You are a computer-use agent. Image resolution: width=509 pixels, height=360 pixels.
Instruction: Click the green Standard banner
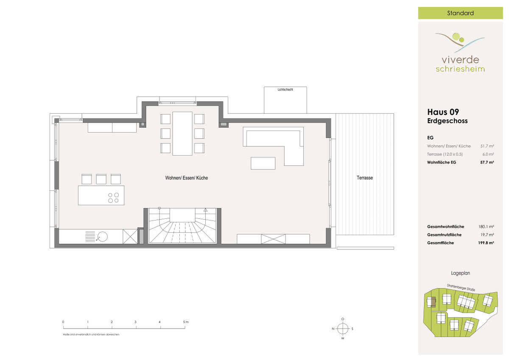[x=460, y=13]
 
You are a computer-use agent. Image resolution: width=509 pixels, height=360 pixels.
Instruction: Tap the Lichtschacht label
[x=285, y=89]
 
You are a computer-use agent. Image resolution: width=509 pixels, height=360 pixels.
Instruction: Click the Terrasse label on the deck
[x=365, y=178]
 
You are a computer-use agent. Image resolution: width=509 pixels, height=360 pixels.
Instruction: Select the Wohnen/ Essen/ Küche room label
[x=186, y=178]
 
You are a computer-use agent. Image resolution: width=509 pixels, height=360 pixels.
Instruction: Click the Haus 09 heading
[x=443, y=112]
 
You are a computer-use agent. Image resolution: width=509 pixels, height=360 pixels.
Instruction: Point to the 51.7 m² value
[x=487, y=146]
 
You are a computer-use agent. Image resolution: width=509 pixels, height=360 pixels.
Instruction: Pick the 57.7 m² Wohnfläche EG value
[x=487, y=162]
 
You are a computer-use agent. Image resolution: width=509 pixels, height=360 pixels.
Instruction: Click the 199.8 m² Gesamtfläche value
[x=486, y=243]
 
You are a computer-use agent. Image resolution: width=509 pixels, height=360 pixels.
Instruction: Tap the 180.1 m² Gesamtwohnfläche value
[x=486, y=226]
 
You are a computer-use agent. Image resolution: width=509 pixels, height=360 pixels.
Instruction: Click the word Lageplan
[x=460, y=273]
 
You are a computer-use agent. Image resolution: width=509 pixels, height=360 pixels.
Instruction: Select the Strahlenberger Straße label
[x=461, y=287]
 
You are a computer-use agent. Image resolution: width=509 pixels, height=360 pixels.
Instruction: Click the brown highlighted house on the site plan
[x=433, y=302]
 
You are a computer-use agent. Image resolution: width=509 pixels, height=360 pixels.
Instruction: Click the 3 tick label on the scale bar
[x=135, y=322]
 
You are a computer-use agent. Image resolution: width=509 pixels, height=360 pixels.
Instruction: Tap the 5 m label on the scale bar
[x=186, y=322]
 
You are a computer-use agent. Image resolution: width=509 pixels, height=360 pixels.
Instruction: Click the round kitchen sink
[x=103, y=237]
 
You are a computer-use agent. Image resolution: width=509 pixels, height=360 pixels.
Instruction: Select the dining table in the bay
[x=182, y=133]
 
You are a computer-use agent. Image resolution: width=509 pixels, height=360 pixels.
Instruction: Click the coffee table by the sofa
[x=263, y=163]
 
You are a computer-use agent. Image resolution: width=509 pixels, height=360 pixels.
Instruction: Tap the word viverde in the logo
[x=460, y=59]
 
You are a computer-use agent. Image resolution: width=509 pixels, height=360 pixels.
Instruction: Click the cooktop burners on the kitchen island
[x=113, y=198]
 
